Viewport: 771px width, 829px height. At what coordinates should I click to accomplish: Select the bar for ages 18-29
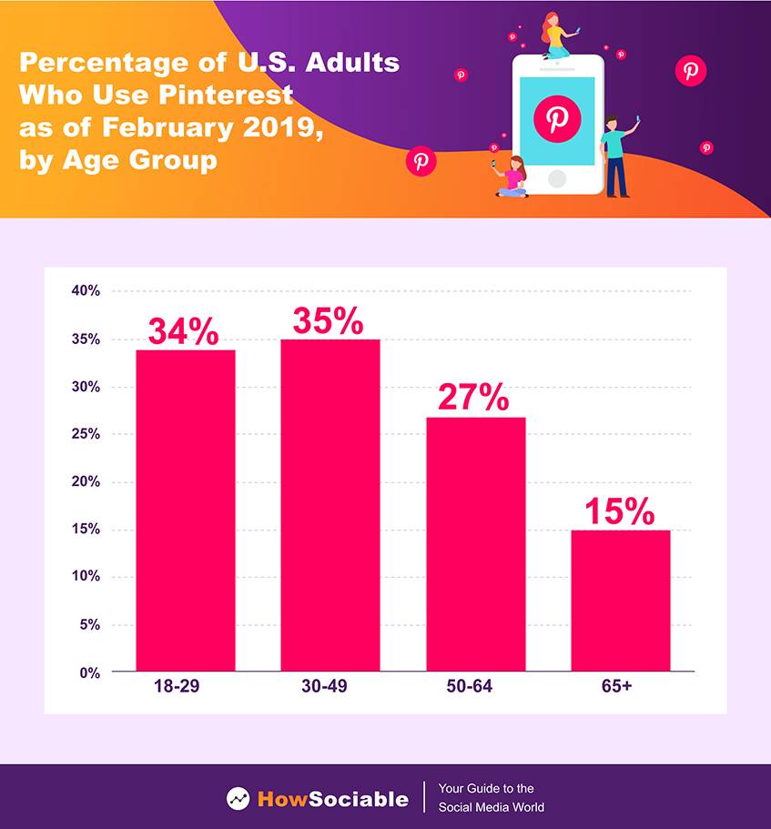click(x=186, y=510)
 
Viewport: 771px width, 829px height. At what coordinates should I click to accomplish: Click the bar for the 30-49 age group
click(x=330, y=505)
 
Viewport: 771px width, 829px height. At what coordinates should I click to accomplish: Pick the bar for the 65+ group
click(x=621, y=601)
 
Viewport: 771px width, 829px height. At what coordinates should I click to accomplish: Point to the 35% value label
click(x=328, y=321)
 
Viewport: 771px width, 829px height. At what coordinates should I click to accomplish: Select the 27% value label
click(x=473, y=398)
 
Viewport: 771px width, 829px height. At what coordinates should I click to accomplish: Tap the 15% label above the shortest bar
click(x=619, y=511)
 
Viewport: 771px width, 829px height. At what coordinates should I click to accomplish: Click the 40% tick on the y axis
click(x=86, y=291)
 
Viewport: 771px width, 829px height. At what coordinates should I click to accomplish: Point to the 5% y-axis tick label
click(x=89, y=624)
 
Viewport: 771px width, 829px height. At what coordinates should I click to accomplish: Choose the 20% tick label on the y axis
click(x=86, y=481)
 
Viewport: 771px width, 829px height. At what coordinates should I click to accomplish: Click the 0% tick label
click(x=89, y=672)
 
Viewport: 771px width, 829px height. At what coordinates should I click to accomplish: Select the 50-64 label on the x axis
click(x=471, y=686)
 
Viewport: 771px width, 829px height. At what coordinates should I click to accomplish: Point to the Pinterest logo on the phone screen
click(x=557, y=118)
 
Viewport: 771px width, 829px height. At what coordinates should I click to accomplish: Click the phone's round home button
click(x=557, y=177)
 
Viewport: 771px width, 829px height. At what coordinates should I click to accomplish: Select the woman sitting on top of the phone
click(x=555, y=36)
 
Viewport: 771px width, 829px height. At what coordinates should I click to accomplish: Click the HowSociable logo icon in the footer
click(x=238, y=799)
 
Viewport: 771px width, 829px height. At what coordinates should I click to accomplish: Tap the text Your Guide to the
click(x=486, y=789)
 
